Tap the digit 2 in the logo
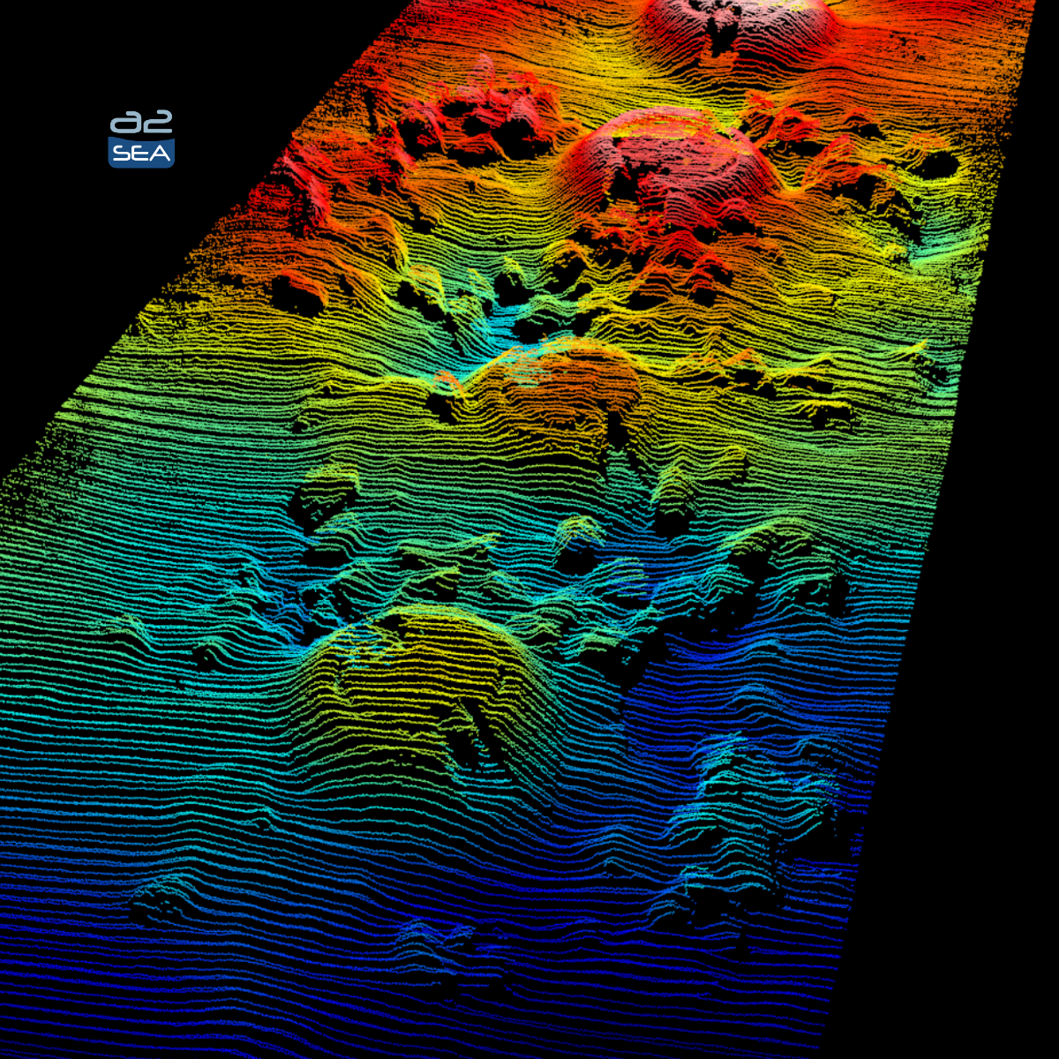coord(158,123)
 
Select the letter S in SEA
coord(121,154)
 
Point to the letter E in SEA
coord(140,154)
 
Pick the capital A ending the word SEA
coord(160,154)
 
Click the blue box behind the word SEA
coord(141,161)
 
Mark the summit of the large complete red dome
coord(666,124)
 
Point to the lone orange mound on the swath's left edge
coord(296,291)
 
